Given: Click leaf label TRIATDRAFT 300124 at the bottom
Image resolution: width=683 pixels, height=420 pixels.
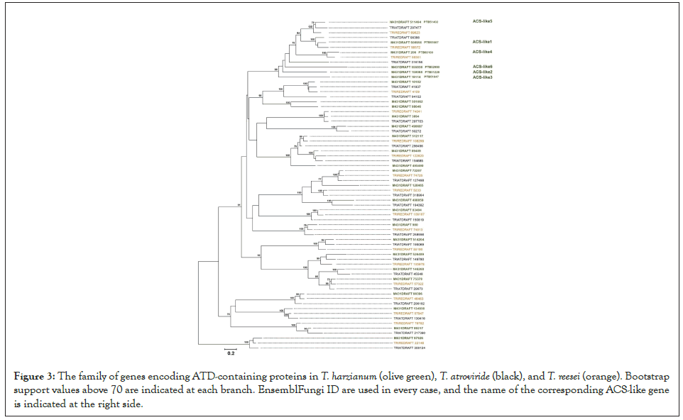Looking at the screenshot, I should tap(410, 348).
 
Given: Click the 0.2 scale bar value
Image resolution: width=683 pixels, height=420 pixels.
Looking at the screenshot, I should tap(230, 352).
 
